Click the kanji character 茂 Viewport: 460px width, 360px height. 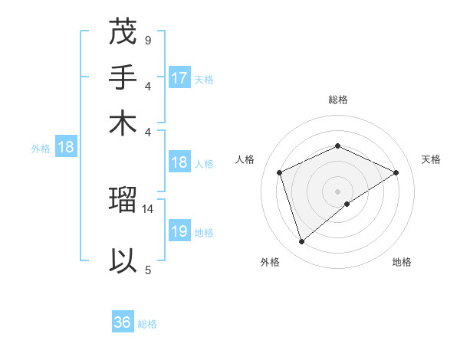click(x=123, y=34)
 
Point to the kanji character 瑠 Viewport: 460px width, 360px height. click(x=123, y=201)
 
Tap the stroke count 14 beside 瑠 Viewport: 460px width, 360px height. click(x=149, y=208)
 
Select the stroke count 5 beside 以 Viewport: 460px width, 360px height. click(x=147, y=269)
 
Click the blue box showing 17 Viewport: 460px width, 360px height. click(x=179, y=78)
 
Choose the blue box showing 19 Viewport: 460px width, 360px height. click(x=179, y=231)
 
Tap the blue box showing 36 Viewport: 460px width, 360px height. click(x=123, y=322)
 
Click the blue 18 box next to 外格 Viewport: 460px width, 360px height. click(x=65, y=147)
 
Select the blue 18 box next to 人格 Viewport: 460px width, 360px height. click(x=179, y=162)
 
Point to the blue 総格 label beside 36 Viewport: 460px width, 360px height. click(x=147, y=323)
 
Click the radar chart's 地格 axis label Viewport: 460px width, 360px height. click(x=402, y=262)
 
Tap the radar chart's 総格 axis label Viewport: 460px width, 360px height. click(x=337, y=100)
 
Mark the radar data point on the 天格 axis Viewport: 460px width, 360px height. click(x=396, y=172)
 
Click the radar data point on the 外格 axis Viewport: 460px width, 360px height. click(x=301, y=242)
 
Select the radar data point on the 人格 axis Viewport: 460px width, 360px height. click(x=280, y=172)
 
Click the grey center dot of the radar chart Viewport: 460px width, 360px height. click(x=337, y=191)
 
